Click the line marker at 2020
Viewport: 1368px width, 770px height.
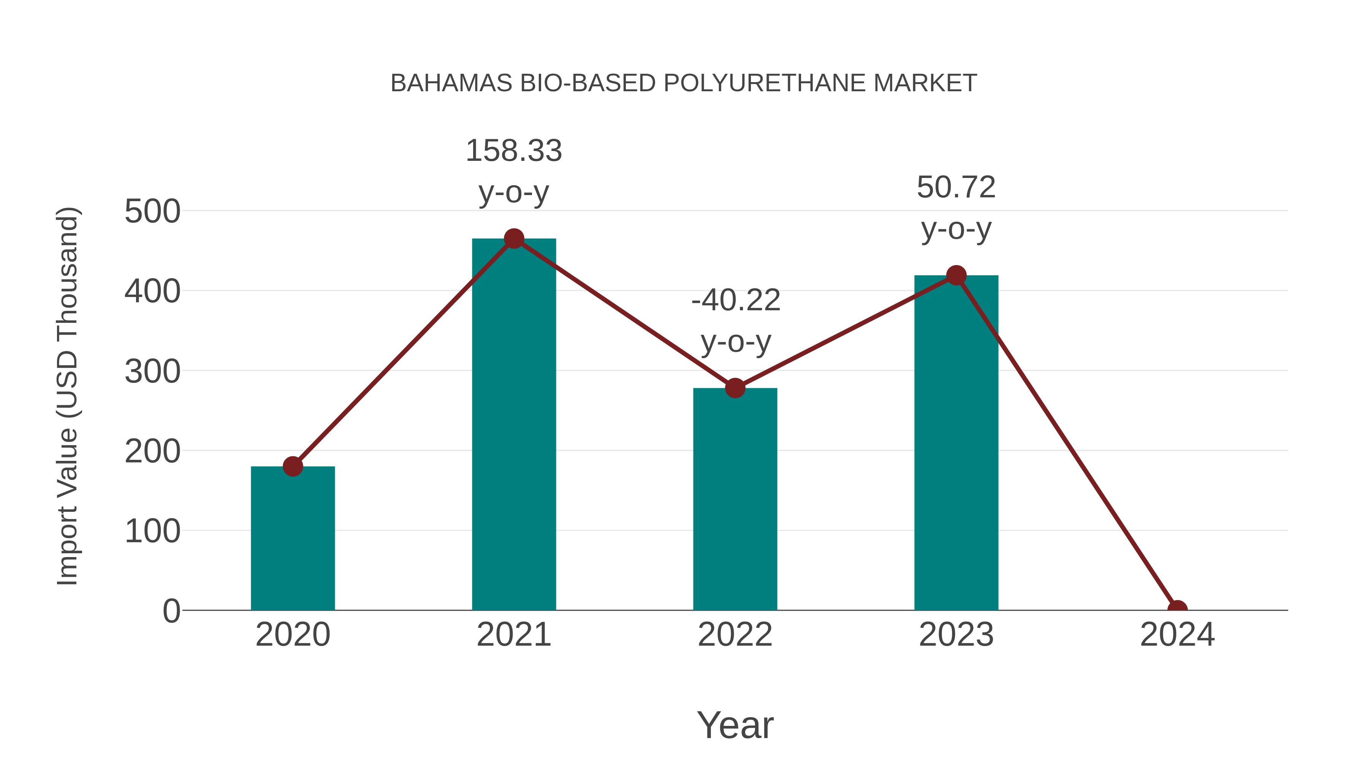tap(293, 467)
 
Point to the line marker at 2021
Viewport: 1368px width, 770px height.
tap(513, 239)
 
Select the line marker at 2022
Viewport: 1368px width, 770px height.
tap(735, 389)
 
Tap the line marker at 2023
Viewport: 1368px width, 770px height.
tap(956, 276)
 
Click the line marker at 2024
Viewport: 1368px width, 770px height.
tap(1177, 609)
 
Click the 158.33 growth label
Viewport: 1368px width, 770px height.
tap(513, 151)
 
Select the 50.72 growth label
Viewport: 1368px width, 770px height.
tap(956, 187)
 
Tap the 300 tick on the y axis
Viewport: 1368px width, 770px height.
tap(152, 372)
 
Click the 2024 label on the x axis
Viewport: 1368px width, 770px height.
tap(1177, 635)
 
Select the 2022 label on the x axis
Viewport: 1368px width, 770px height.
tap(735, 635)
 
